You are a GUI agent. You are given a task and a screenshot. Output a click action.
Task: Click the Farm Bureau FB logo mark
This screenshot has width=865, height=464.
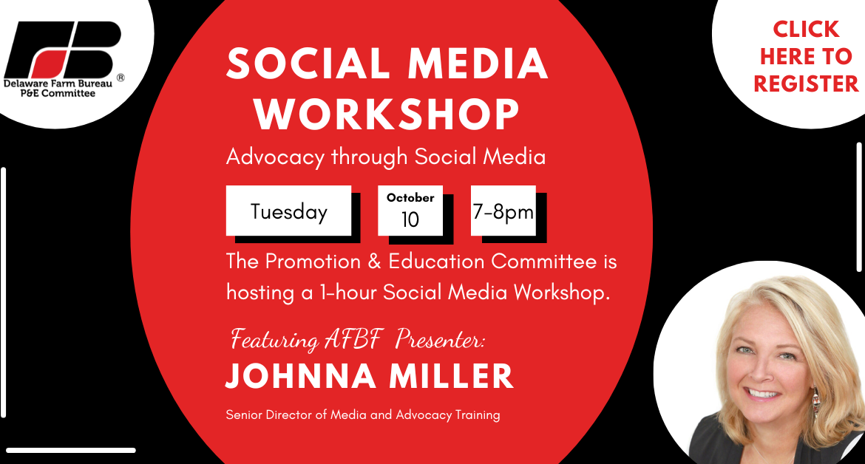click(x=62, y=50)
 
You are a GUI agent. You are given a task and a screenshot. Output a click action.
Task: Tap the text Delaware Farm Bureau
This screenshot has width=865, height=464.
click(x=58, y=83)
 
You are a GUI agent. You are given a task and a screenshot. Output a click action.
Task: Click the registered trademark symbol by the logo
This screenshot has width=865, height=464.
click(x=121, y=78)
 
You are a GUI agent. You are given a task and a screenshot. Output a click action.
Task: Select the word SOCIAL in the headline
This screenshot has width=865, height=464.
click(x=309, y=64)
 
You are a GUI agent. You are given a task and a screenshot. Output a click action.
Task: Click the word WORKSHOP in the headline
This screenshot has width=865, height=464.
click(x=387, y=115)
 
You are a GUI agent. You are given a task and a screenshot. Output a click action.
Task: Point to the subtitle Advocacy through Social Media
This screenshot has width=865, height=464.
click(x=386, y=157)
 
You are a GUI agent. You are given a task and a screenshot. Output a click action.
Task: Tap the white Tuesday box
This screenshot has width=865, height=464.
click(x=288, y=211)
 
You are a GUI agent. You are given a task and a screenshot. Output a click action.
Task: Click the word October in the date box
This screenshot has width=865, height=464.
click(x=410, y=197)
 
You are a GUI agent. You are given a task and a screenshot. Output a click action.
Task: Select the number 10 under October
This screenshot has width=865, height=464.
click(x=410, y=219)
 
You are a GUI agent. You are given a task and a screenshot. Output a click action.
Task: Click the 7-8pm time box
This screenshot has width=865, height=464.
click(x=503, y=211)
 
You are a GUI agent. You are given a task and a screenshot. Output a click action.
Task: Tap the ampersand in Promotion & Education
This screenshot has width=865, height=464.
click(x=375, y=262)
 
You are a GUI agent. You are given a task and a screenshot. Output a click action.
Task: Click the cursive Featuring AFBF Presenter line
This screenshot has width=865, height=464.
click(x=358, y=339)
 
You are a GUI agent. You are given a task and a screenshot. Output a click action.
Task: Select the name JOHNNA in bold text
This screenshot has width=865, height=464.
click(x=301, y=376)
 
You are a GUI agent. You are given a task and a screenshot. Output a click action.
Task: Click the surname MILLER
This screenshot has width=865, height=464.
click(x=451, y=376)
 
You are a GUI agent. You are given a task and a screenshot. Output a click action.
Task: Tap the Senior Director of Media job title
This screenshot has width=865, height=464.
click(x=363, y=415)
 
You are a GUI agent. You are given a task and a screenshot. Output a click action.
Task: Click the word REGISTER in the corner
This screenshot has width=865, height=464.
click(x=806, y=83)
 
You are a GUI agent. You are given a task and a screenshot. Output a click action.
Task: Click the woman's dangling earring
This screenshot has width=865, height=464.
click(x=815, y=402)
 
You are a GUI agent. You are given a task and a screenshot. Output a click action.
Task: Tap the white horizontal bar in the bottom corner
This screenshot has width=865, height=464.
click(x=71, y=450)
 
